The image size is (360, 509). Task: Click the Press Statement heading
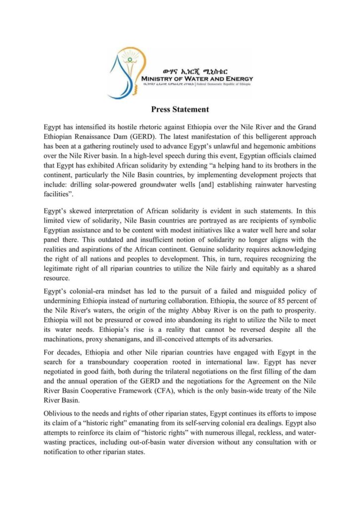pos(180,109)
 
